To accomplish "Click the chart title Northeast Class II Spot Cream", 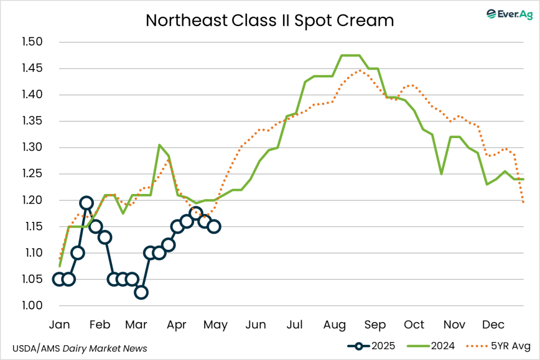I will [269, 20].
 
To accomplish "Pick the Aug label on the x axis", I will [334, 325].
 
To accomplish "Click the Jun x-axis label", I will [255, 325].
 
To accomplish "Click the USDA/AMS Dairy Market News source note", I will [80, 348].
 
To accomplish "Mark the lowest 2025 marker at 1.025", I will [141, 293].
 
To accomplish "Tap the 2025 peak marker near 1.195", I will [86, 203].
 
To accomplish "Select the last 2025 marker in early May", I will [214, 227].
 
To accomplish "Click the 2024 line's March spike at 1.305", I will [159, 145].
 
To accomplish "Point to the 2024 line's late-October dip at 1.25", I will [441, 174].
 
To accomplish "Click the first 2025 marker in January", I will [59, 279].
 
